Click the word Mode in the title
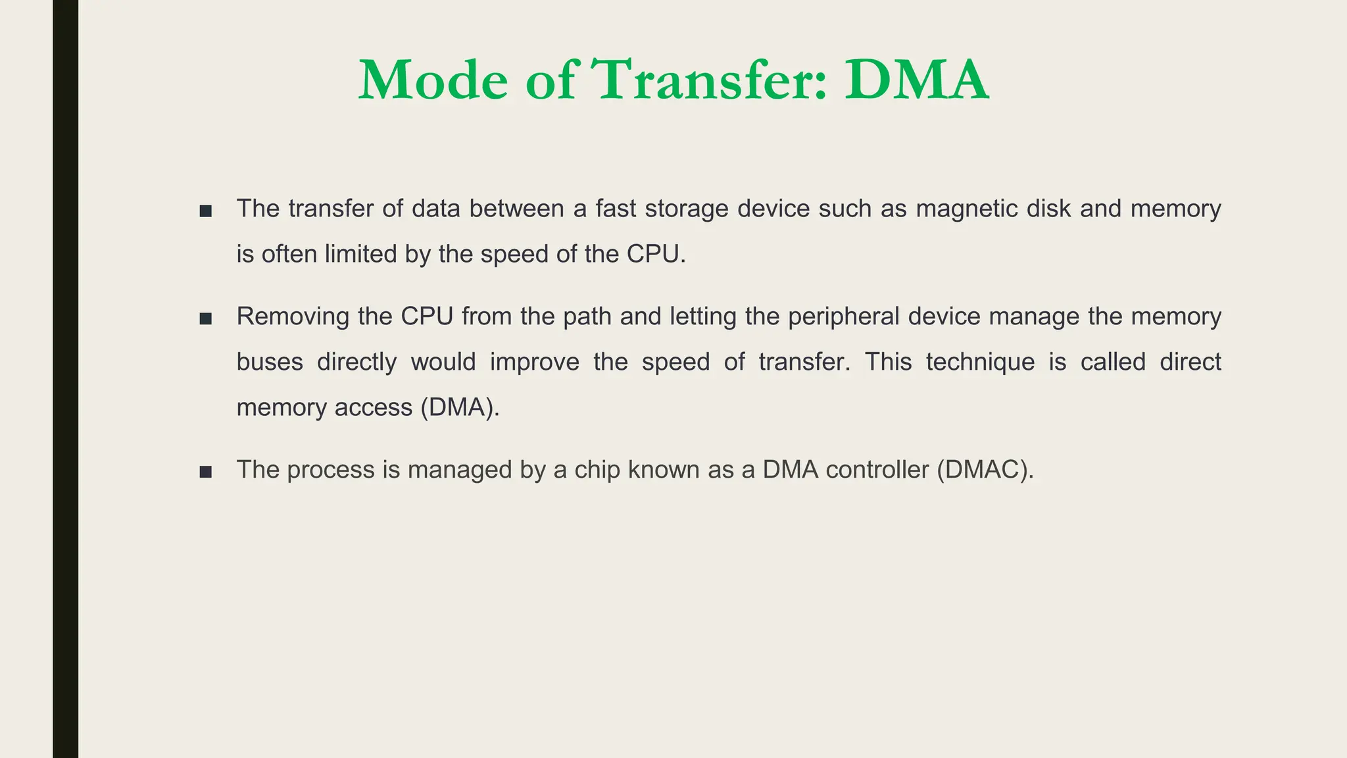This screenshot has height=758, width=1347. (x=433, y=81)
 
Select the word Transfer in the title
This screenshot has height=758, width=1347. (x=710, y=81)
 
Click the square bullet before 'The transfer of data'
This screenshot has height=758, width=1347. (x=206, y=211)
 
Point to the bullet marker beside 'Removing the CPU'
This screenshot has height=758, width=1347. (x=206, y=319)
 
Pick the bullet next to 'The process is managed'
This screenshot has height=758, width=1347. (x=206, y=472)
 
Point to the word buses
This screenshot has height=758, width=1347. (x=270, y=362)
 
